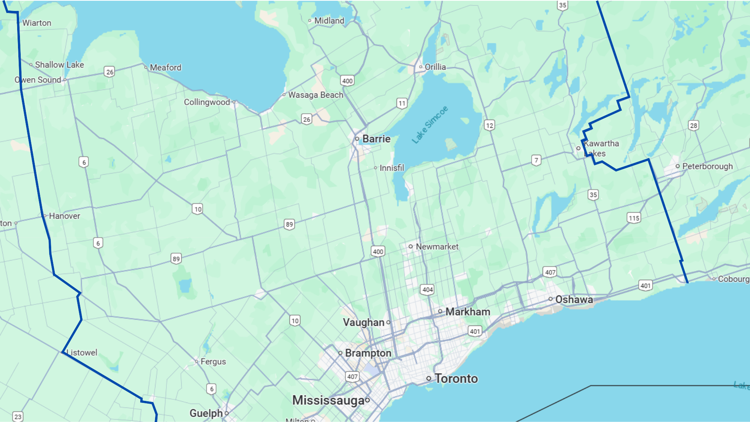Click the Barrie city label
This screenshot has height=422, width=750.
(x=376, y=139)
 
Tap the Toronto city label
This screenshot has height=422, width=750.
(x=456, y=378)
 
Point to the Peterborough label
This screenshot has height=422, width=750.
(x=707, y=166)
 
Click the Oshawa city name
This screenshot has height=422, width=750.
(x=574, y=299)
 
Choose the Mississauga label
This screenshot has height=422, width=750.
(x=328, y=400)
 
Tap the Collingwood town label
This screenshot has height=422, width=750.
(x=207, y=102)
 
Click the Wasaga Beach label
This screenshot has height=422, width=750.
(x=316, y=95)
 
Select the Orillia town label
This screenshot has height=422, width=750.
(x=435, y=67)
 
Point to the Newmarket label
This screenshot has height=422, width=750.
(x=437, y=247)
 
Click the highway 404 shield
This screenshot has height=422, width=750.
(x=427, y=290)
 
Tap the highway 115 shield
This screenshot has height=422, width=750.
(x=634, y=218)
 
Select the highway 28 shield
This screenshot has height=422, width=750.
(x=693, y=125)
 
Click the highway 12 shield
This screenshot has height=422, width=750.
(x=489, y=125)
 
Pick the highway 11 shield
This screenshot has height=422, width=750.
(x=402, y=103)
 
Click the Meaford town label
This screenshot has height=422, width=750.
(x=165, y=67)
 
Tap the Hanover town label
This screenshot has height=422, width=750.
(x=64, y=216)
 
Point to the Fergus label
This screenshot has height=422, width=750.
(x=213, y=361)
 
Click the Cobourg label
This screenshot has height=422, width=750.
(x=733, y=279)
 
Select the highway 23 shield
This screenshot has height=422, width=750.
(x=18, y=417)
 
